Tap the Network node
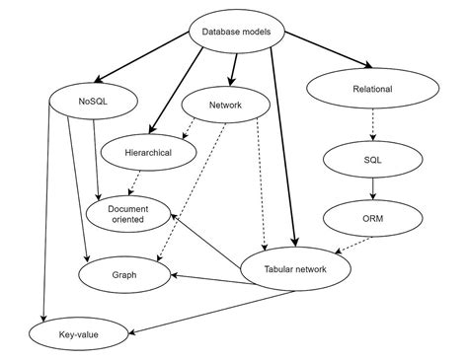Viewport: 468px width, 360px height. click(x=226, y=105)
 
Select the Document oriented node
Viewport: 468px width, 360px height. click(x=128, y=213)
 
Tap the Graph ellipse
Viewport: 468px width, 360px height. click(x=123, y=275)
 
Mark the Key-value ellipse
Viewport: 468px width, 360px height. click(x=78, y=335)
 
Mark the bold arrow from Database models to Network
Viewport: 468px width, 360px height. click(x=234, y=67)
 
